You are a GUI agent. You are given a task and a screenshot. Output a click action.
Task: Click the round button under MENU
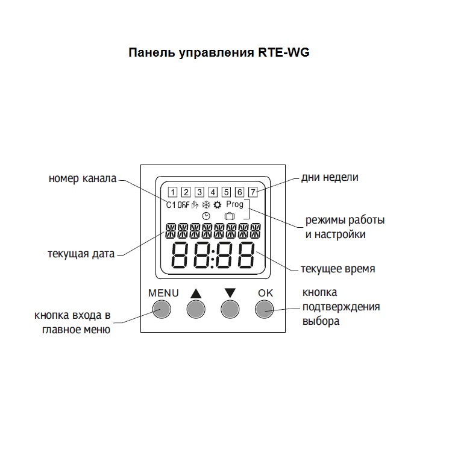(x=162, y=309)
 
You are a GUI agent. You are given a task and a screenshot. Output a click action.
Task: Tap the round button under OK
(x=265, y=309)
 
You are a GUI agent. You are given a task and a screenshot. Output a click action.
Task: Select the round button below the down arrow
(x=230, y=309)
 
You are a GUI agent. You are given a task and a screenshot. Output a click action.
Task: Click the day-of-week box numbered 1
(x=172, y=192)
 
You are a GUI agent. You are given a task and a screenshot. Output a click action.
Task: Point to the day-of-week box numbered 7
(x=253, y=192)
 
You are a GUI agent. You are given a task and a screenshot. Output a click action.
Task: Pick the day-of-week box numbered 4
(x=213, y=192)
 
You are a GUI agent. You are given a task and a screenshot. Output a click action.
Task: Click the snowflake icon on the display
(x=206, y=205)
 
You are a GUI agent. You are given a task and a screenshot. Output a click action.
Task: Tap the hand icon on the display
(x=195, y=205)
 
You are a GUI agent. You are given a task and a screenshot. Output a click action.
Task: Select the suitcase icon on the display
(x=230, y=216)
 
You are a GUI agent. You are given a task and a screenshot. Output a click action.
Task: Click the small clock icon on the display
(x=206, y=216)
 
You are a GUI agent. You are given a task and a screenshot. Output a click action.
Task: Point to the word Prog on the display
(x=234, y=204)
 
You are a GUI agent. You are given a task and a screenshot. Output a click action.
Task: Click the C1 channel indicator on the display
(x=171, y=205)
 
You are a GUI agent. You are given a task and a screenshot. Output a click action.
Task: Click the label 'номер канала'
(x=83, y=178)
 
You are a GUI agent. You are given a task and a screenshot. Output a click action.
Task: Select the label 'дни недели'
(x=330, y=177)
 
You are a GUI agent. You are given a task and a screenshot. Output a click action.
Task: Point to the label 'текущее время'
(x=338, y=269)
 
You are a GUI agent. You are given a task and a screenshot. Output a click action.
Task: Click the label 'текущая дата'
(x=81, y=254)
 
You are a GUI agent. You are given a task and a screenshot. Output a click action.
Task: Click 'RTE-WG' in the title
(x=284, y=52)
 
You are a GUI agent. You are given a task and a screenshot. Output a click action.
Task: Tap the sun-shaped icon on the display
(x=218, y=205)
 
